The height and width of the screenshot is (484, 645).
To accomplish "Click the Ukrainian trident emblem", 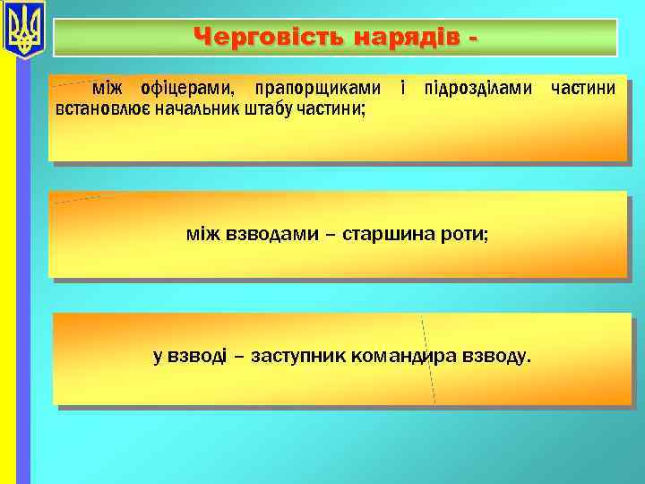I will click(x=23, y=30).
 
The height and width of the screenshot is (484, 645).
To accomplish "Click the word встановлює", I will click(x=93, y=109).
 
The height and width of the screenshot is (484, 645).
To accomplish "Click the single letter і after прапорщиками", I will click(x=404, y=90).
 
